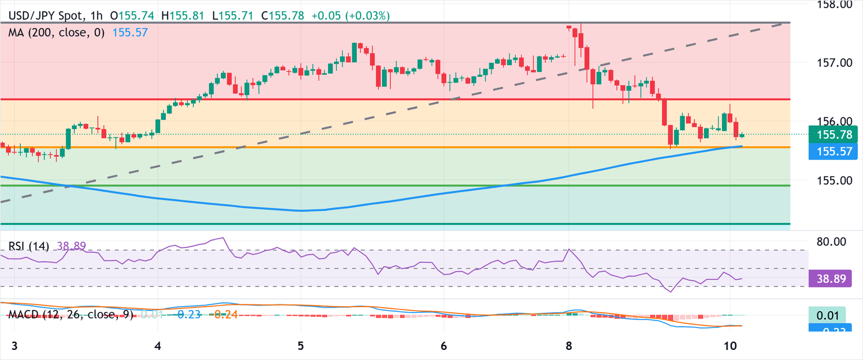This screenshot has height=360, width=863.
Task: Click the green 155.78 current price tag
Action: point(834,135)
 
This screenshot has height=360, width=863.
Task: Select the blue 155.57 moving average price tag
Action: point(834,151)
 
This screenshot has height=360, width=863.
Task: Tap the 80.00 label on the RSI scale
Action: point(830,242)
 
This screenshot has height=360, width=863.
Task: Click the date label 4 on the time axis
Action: point(158,344)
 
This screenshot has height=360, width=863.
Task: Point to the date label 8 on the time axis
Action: point(569,344)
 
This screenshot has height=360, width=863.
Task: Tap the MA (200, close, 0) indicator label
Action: point(56,33)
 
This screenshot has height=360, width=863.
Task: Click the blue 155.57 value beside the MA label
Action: point(130,33)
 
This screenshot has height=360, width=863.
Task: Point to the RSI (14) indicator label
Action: point(29,246)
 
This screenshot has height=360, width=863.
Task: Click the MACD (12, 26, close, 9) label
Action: point(71,315)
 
